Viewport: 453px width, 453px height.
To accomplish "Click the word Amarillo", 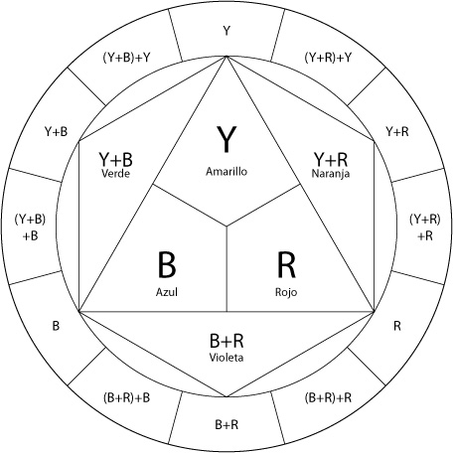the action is [x=226, y=172].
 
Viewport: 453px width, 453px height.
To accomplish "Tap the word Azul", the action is [x=167, y=292].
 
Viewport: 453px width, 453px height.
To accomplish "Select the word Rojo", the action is [x=286, y=292].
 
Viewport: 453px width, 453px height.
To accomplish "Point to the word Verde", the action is [x=115, y=173].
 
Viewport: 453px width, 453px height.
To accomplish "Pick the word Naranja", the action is [x=331, y=173].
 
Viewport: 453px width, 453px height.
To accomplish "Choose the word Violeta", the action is [x=226, y=358].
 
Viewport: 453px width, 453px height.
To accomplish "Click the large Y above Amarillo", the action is [x=226, y=139].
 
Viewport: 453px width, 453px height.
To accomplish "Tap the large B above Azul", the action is [x=167, y=264].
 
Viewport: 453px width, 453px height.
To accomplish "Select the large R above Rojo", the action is [x=286, y=264].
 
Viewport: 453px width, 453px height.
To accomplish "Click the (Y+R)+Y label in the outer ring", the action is [x=328, y=58].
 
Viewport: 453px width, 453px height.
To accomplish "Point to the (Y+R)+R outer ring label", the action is [x=425, y=227].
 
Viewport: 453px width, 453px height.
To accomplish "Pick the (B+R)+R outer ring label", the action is [x=328, y=397].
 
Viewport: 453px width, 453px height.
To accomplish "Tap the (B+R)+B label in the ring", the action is [x=126, y=397].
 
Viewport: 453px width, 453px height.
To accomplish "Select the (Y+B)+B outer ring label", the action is [x=30, y=227].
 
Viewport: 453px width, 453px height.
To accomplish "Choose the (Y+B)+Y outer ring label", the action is [x=126, y=58].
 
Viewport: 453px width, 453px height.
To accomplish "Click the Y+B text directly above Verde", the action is [x=115, y=159].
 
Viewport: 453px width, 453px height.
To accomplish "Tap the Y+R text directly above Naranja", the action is [x=331, y=159].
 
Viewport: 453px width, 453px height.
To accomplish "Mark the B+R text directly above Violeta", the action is [x=226, y=341].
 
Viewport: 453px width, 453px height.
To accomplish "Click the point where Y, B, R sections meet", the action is [x=226, y=226].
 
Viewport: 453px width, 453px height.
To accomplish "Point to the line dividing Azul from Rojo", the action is [x=226, y=269].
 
